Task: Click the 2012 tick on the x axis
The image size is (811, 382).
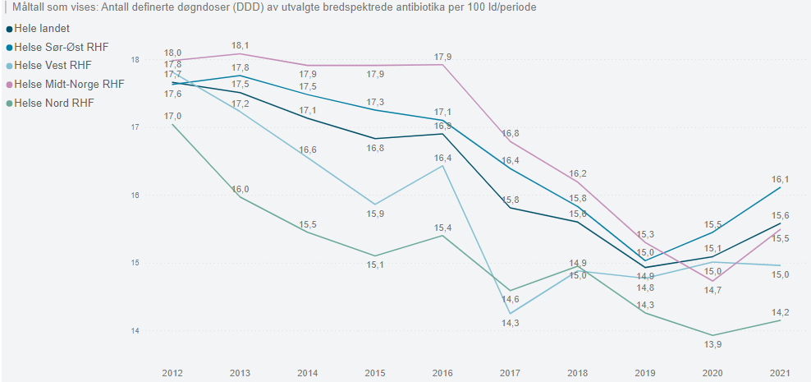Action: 173,373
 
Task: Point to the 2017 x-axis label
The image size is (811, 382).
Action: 510,373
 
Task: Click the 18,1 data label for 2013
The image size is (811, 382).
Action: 241,46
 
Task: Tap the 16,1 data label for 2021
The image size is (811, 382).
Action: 779,179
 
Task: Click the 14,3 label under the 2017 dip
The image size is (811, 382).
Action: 510,324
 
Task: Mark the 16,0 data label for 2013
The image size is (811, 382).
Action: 241,189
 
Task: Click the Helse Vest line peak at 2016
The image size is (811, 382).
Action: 442,166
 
